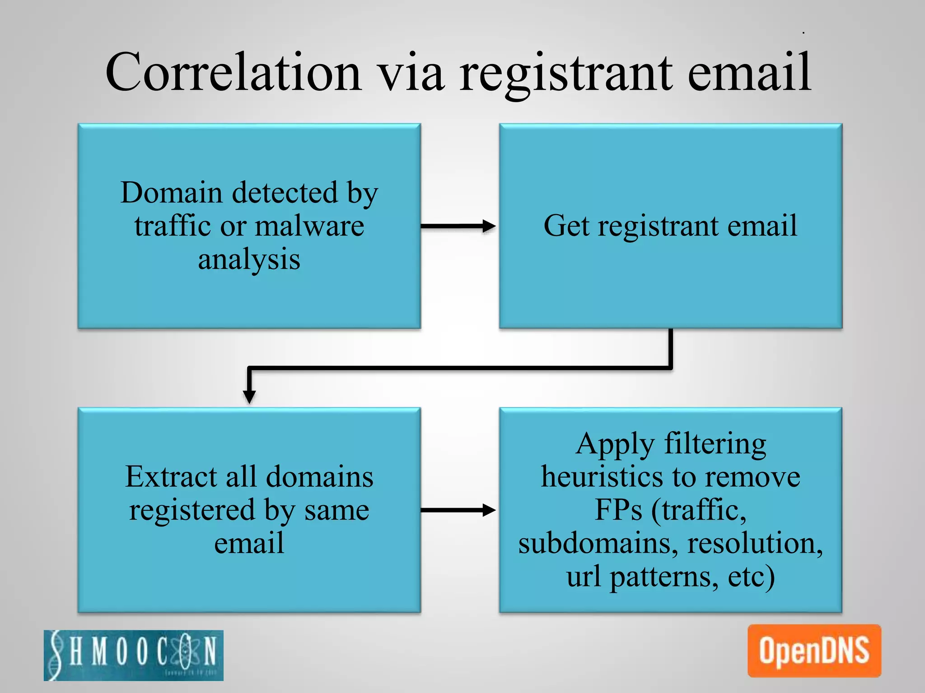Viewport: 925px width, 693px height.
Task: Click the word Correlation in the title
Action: coord(233,72)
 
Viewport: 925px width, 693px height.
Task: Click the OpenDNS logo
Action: coord(814,651)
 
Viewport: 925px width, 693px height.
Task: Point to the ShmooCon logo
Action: coord(134,655)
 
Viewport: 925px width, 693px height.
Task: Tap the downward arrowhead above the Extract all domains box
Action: coord(249,396)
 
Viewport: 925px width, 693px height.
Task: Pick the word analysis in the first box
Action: coord(249,259)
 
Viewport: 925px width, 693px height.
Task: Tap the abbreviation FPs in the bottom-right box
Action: coord(618,510)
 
